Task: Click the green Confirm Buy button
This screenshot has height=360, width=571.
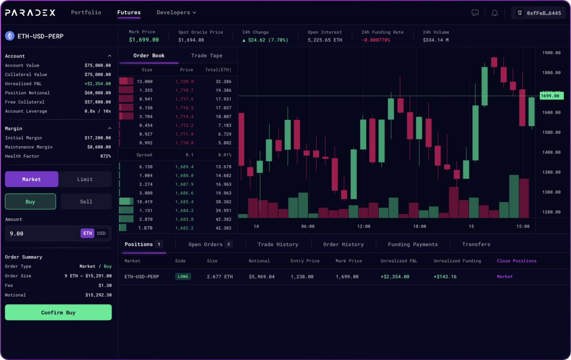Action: point(58,312)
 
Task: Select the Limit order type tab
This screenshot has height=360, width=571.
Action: point(85,179)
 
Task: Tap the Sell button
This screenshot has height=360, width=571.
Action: point(86,202)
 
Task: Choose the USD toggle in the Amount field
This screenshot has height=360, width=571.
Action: point(101,233)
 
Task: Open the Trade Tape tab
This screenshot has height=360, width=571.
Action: point(207,56)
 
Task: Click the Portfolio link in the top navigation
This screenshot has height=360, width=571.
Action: point(86,13)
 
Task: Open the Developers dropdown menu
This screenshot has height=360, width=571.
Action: point(176,13)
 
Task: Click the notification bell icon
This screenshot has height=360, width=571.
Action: point(494,13)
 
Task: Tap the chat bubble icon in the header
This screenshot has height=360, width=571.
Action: point(475,13)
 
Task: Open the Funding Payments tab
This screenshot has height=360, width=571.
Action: point(413,244)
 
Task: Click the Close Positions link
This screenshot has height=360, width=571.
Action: point(516,261)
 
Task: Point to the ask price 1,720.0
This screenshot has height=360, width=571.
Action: point(184,82)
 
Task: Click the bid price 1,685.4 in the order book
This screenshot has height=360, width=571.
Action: point(184,202)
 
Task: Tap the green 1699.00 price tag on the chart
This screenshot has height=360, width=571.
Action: point(551,96)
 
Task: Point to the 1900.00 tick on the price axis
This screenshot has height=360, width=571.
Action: point(551,53)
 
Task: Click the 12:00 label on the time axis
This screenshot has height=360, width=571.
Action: point(364,226)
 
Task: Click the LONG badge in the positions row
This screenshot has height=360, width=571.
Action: point(183,276)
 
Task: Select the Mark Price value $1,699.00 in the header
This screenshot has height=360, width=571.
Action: point(144,40)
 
